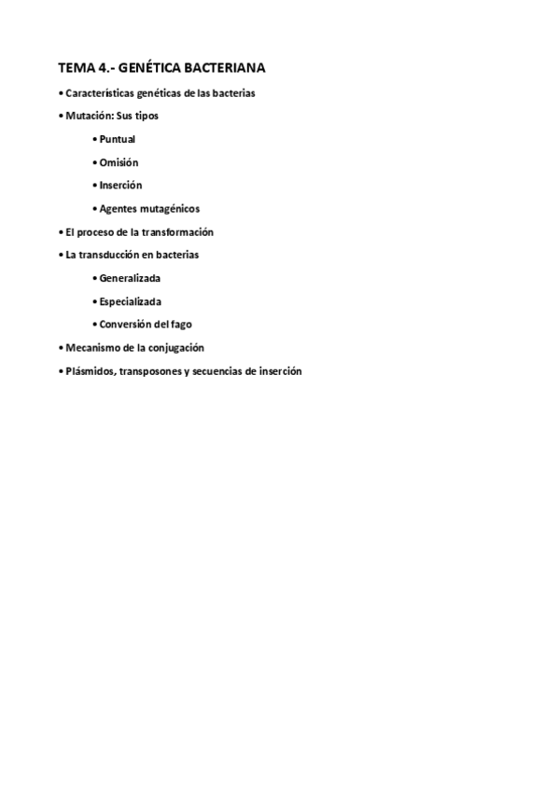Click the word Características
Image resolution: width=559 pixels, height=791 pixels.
[x=100, y=93]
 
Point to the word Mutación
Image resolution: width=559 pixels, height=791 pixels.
[x=87, y=117]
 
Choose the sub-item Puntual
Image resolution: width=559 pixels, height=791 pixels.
[x=118, y=140]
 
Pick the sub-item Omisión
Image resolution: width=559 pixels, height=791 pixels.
[x=119, y=162]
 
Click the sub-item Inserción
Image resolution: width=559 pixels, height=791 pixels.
[x=121, y=186]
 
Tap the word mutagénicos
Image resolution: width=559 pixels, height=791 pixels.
[x=170, y=209]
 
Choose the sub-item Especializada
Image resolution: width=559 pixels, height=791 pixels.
[x=131, y=301]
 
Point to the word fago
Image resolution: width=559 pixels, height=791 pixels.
[x=181, y=325]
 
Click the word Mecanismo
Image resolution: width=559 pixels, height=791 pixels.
[x=91, y=348]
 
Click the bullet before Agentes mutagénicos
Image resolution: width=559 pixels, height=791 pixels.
[x=96, y=209]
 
